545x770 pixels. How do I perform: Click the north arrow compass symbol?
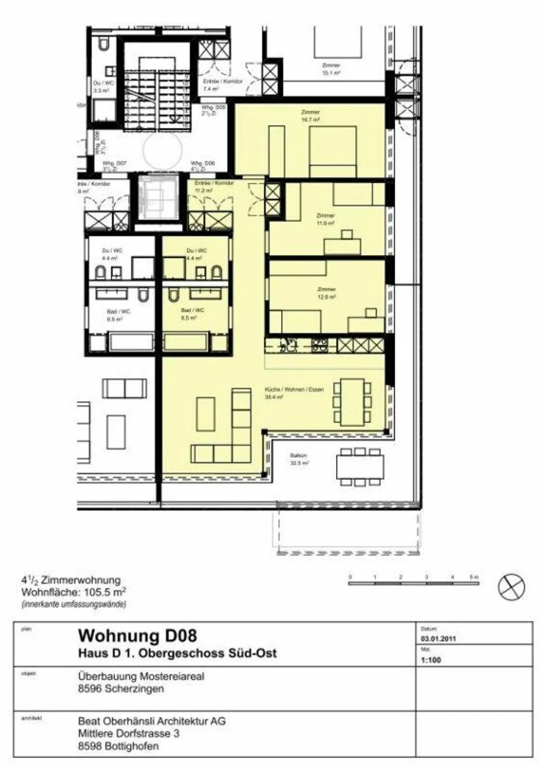tap(511, 587)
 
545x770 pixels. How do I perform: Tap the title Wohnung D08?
tap(137, 635)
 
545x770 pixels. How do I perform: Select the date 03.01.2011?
tap(438, 639)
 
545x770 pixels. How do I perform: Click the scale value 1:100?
tap(431, 660)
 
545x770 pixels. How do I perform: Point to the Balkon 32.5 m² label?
tap(299, 459)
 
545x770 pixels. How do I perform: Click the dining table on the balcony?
tap(360, 467)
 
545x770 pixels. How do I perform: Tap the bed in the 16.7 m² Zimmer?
tap(332, 151)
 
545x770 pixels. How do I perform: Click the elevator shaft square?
tap(158, 197)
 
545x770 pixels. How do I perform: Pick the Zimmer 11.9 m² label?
tap(325, 219)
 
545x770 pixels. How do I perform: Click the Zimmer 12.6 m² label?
tap(326, 293)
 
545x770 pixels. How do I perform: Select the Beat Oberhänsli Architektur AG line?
tap(152, 721)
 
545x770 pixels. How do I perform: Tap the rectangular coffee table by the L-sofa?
tap(206, 414)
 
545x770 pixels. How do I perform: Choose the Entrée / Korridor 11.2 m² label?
tap(214, 187)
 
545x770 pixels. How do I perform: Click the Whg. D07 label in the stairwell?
tap(114, 166)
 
